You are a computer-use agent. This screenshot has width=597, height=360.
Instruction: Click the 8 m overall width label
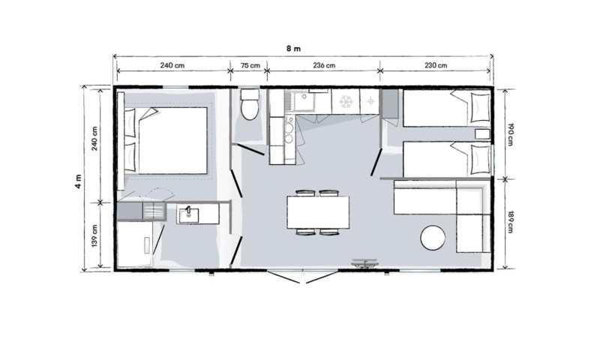click(293, 49)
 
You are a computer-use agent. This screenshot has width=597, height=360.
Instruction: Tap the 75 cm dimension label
click(250, 65)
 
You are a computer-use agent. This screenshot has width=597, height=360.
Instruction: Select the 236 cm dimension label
click(324, 65)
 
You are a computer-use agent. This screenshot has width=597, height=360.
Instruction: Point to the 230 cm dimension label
click(436, 65)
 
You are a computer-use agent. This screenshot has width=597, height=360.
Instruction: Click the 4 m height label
click(79, 181)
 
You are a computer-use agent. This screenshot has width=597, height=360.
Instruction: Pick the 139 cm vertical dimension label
click(94, 235)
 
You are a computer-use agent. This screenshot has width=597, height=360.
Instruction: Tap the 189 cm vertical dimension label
click(511, 222)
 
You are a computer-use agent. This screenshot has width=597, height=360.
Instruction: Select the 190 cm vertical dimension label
click(511, 134)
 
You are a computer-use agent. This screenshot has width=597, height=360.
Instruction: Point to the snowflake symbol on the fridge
click(346, 101)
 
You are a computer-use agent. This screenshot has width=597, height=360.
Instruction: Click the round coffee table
click(433, 238)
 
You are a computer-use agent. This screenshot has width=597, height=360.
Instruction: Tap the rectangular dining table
click(318, 212)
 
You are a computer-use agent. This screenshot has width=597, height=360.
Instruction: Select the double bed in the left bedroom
click(166, 140)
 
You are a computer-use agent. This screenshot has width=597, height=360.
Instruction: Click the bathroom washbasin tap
click(187, 211)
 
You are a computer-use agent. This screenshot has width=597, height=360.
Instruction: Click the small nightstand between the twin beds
click(482, 134)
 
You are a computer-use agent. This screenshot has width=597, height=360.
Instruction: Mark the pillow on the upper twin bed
click(480, 108)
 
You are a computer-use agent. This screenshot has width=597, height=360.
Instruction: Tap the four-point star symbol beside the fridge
click(370, 101)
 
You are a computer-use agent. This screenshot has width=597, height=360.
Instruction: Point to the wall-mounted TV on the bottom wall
click(364, 263)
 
